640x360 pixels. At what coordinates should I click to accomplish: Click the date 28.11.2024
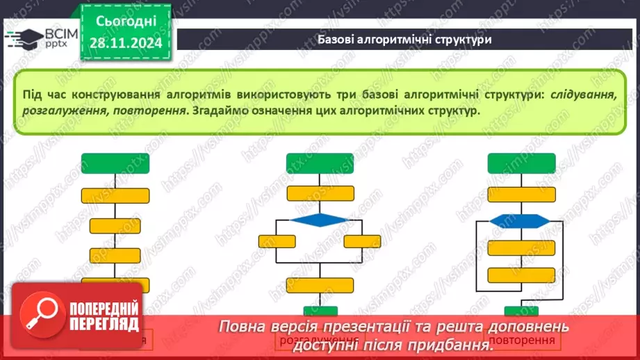[x=125, y=44]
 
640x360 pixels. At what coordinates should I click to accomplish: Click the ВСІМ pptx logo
[x=41, y=38]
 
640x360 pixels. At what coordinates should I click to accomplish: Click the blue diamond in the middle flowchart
[x=320, y=220]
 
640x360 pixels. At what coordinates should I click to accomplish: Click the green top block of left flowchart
[x=115, y=163]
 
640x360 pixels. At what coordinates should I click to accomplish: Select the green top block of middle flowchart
[x=320, y=163]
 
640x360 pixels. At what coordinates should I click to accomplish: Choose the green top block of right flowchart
[x=520, y=163]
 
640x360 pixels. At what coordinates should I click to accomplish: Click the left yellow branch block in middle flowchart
[x=277, y=241]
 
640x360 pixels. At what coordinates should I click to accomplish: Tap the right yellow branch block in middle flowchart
[x=362, y=241]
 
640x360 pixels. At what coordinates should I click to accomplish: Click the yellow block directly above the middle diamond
[x=320, y=194]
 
